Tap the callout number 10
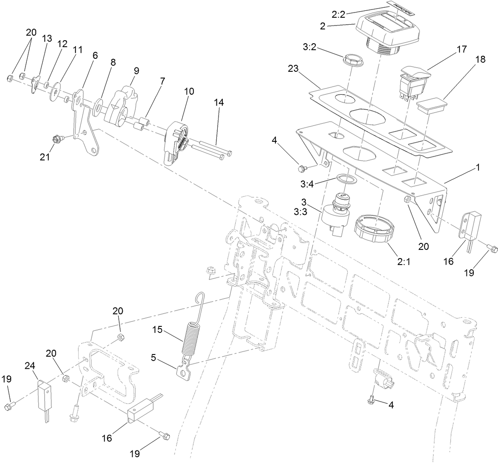(189, 91)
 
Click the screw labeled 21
(57, 139)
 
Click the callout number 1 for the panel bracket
(477, 167)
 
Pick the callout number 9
(136, 70)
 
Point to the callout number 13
(47, 38)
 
